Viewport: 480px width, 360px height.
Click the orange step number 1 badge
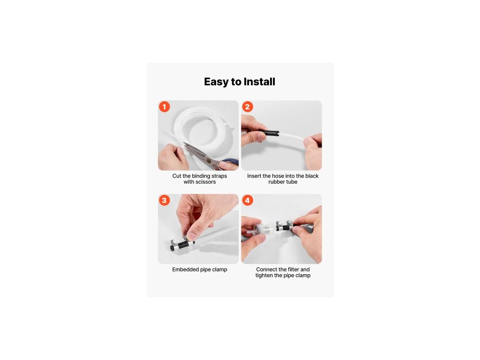coord(165,107)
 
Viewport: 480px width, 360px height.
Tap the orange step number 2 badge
coord(247,107)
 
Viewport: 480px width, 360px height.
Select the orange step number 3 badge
coord(165,200)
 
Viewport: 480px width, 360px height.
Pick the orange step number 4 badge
coord(247,200)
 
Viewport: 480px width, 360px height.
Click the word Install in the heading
coord(259,82)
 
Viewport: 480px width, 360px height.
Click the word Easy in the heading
coord(216,82)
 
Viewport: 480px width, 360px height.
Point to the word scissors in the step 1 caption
coord(206,182)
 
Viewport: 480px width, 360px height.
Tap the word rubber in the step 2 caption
coord(276,182)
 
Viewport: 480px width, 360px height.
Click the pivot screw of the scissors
coord(209,160)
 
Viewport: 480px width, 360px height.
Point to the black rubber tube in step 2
coord(269,134)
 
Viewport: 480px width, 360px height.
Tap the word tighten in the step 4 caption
coord(265,276)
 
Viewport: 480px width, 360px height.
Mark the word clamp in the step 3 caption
coord(220,270)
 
